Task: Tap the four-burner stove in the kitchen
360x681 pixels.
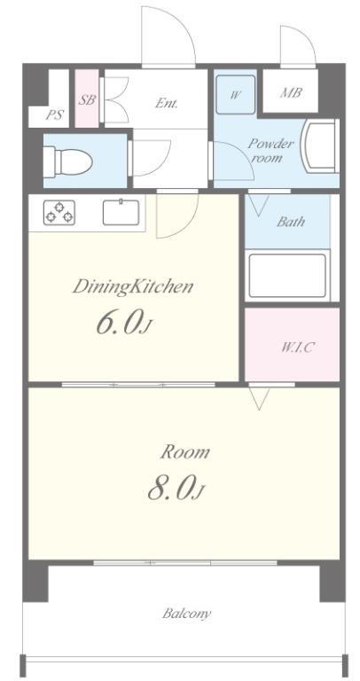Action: click(x=59, y=213)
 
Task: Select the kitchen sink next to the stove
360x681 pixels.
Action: click(x=119, y=213)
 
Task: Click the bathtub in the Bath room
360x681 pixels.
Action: click(x=287, y=275)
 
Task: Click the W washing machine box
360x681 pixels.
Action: click(x=235, y=92)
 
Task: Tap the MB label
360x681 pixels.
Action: click(x=291, y=92)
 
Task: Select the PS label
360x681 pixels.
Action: click(x=54, y=113)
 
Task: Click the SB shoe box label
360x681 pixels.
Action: click(x=86, y=100)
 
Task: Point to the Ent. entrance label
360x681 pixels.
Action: click(x=167, y=103)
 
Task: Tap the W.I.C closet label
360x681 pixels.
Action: click(x=297, y=347)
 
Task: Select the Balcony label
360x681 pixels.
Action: click(x=186, y=613)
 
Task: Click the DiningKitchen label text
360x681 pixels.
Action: click(x=133, y=286)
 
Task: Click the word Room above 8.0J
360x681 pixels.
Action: click(x=184, y=452)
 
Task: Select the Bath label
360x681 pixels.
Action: click(x=290, y=221)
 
